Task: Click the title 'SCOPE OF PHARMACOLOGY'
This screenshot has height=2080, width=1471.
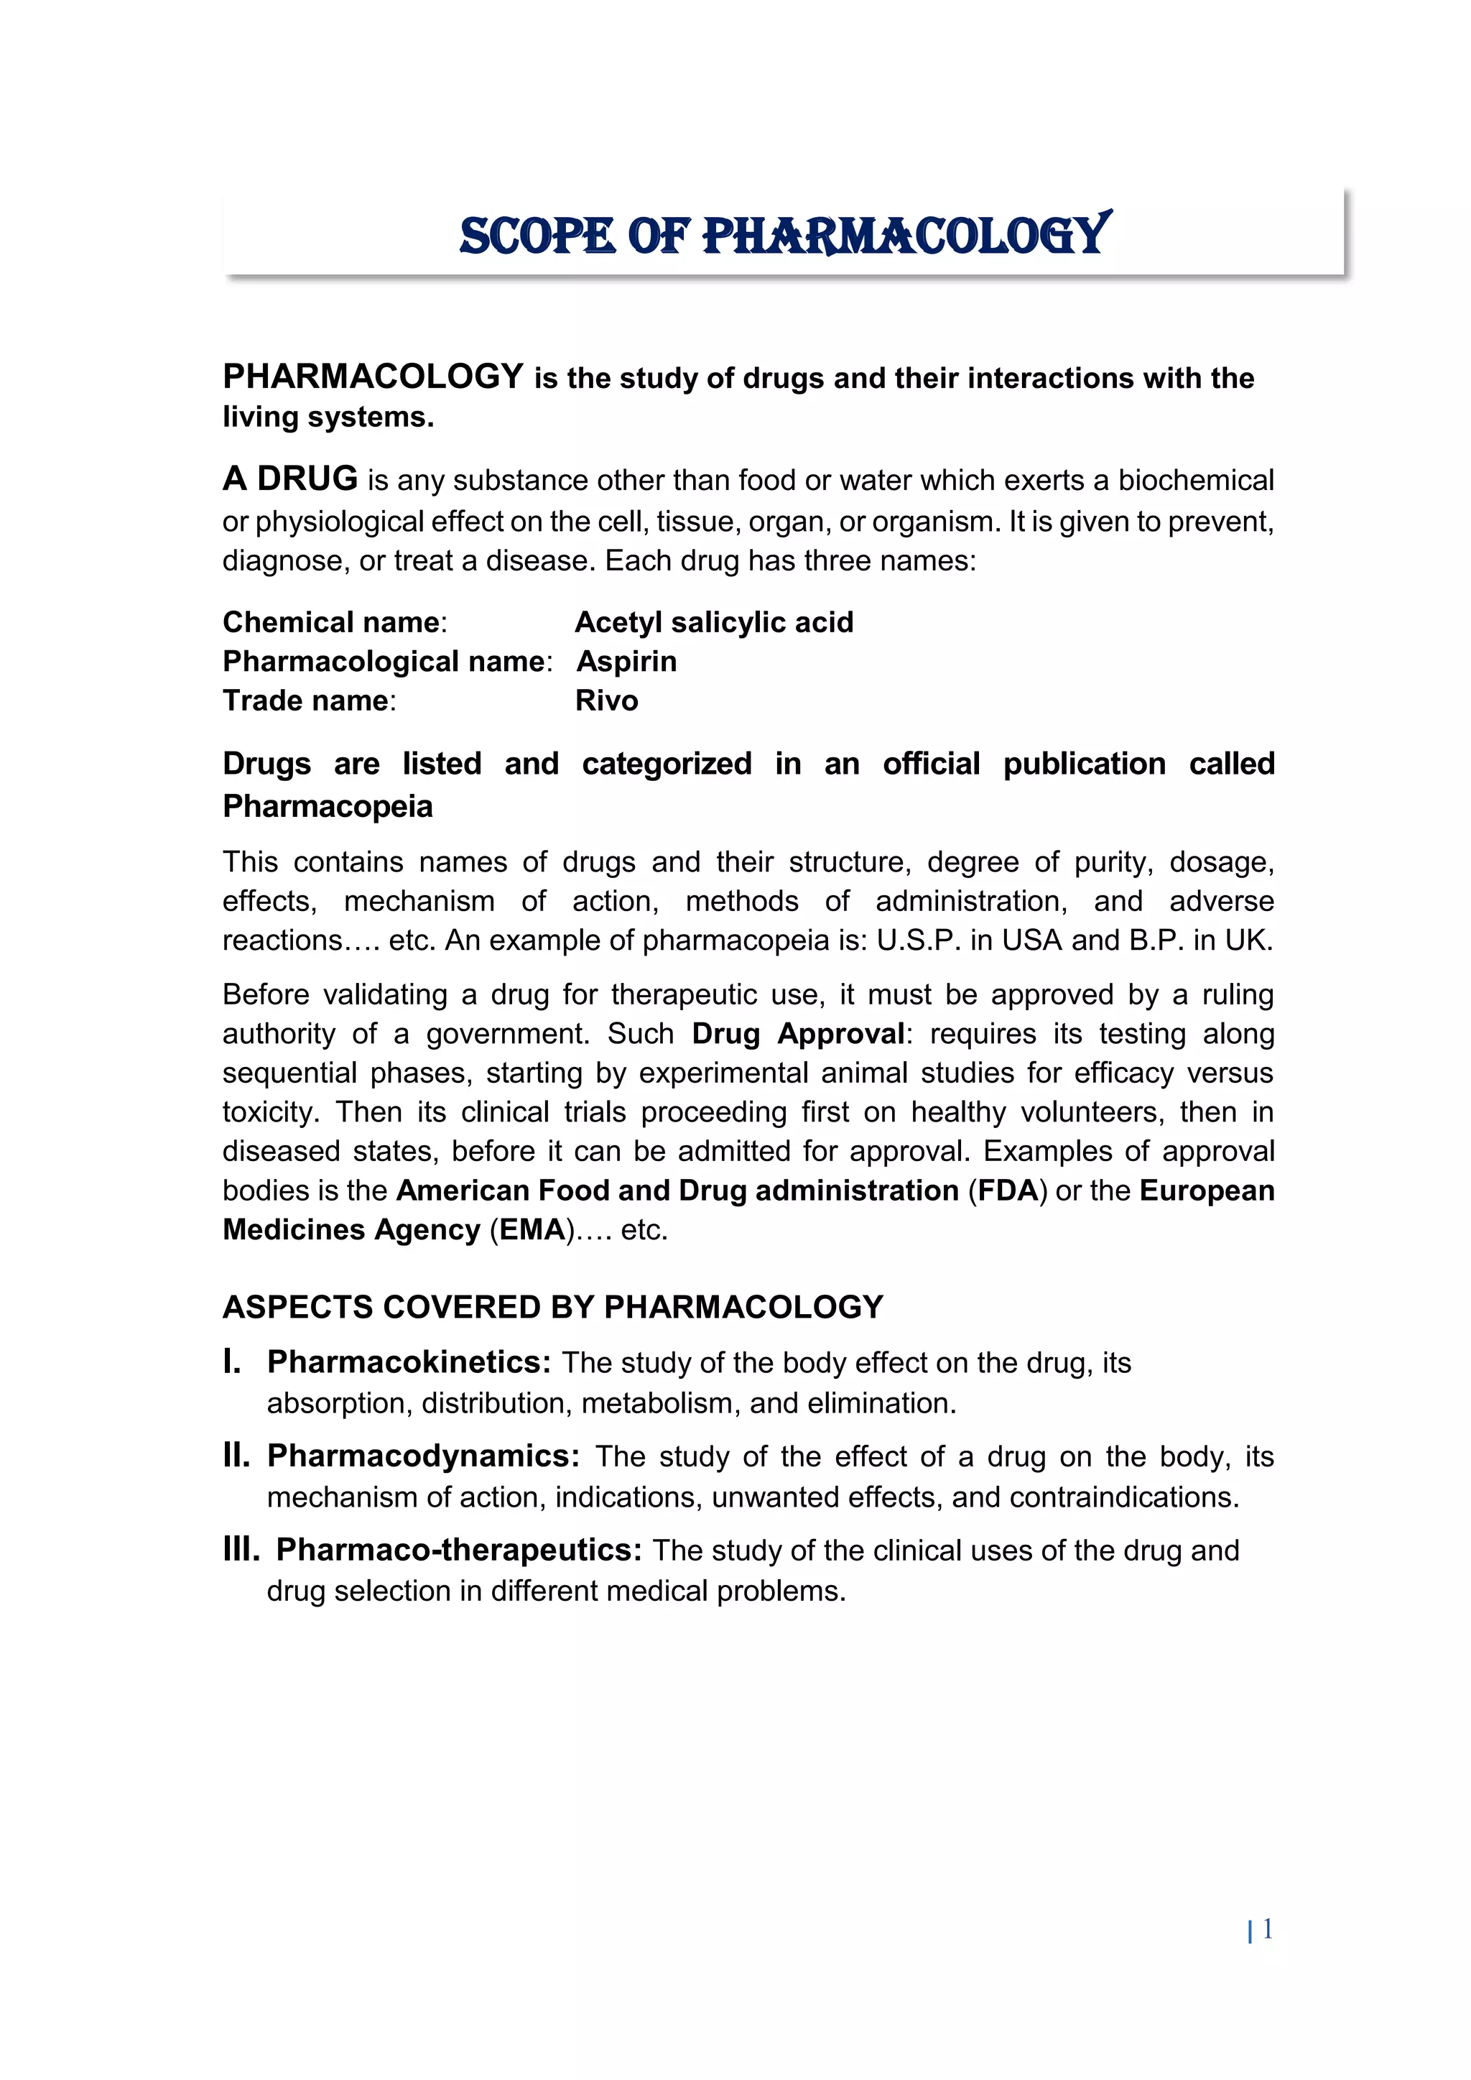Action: point(784,236)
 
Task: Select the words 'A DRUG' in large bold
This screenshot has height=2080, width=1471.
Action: point(291,479)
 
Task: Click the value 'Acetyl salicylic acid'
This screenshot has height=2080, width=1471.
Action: point(714,622)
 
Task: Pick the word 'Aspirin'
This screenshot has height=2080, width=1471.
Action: point(627,661)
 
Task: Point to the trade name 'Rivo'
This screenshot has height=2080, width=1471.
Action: point(606,701)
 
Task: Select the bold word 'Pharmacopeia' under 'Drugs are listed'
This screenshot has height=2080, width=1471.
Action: point(328,806)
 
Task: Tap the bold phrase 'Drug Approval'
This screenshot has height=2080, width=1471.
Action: point(798,1034)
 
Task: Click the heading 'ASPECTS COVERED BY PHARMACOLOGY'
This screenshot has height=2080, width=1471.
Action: point(552,1307)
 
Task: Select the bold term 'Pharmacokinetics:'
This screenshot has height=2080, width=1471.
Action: point(409,1362)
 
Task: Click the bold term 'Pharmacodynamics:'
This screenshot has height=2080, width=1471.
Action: point(423,1456)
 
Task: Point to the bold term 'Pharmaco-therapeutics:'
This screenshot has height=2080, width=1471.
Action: point(458,1550)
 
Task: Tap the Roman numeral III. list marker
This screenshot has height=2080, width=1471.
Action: point(241,1550)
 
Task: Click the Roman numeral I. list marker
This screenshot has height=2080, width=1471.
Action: point(232,1362)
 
